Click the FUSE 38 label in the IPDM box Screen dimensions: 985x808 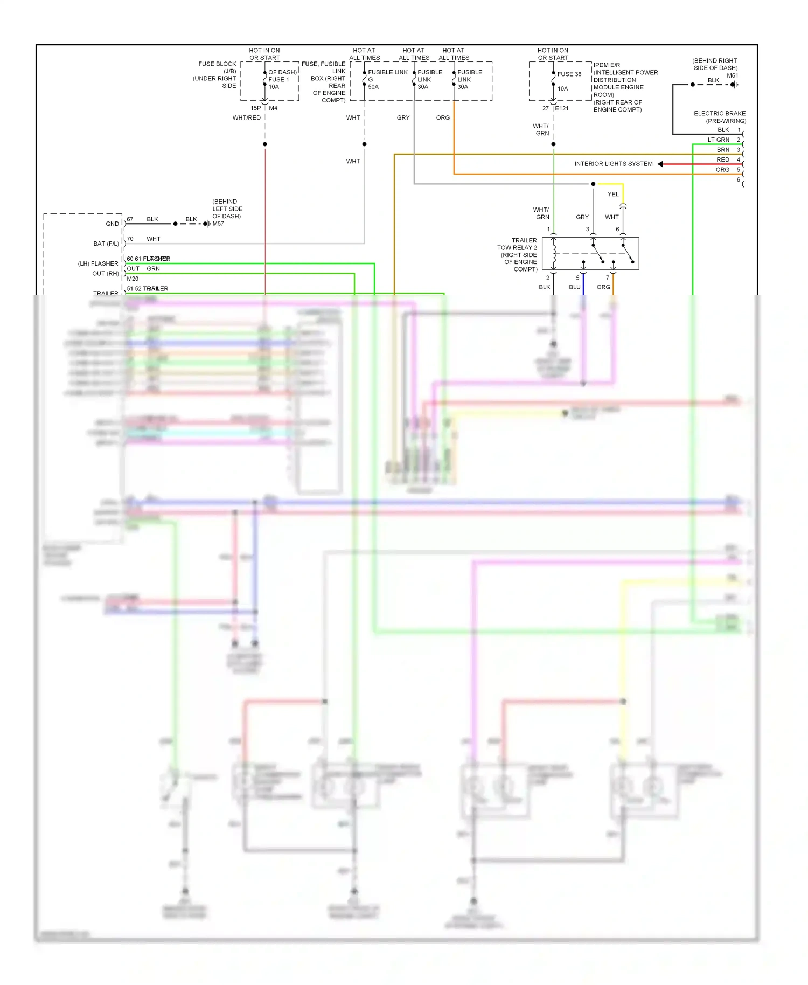click(x=569, y=74)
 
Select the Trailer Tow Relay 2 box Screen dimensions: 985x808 click(x=590, y=253)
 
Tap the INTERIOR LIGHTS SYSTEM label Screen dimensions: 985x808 click(x=613, y=164)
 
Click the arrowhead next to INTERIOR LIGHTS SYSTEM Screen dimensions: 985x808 click(x=660, y=164)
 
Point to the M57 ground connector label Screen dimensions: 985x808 click(x=218, y=224)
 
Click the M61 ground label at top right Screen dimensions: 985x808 click(x=732, y=75)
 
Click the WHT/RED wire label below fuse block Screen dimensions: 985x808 click(x=246, y=118)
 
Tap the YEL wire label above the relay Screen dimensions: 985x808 click(x=613, y=195)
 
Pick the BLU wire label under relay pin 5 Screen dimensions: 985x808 click(x=574, y=287)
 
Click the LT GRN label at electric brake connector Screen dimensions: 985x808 click(x=719, y=140)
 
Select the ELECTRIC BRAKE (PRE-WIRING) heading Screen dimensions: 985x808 click(x=720, y=117)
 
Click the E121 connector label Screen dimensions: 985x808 click(x=562, y=108)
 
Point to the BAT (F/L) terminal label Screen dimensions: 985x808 click(x=106, y=244)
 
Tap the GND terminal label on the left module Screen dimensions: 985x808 click(x=112, y=224)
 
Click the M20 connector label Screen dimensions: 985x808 click(x=133, y=279)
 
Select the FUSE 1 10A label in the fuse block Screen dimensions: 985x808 click(x=278, y=83)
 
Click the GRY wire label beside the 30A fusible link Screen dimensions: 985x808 click(x=403, y=118)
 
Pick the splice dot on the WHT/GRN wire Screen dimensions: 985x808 click(x=553, y=144)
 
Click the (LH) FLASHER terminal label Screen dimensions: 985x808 click(x=98, y=264)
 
